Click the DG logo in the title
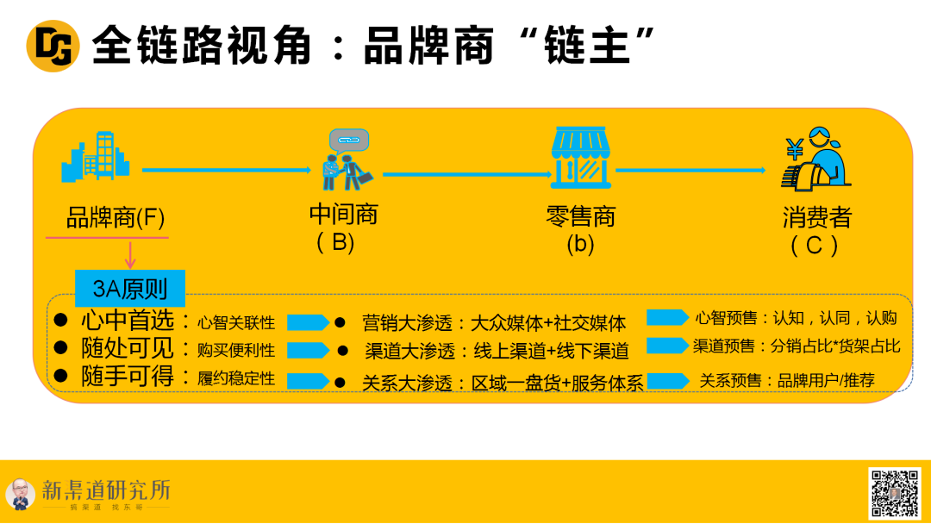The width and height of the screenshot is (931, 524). click(53, 46)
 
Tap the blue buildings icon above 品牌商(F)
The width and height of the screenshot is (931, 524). click(97, 157)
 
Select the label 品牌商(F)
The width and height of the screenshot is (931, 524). click(116, 218)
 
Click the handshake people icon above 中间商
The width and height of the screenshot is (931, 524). click(347, 160)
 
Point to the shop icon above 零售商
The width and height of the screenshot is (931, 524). click(581, 158)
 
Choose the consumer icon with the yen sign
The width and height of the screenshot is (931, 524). click(815, 161)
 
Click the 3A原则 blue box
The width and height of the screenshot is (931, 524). click(130, 288)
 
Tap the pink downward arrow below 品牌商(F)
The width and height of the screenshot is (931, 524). click(130, 254)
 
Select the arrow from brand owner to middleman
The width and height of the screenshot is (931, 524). click(226, 170)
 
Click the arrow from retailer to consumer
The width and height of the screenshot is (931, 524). click(690, 170)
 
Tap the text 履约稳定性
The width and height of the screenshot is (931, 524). click(236, 378)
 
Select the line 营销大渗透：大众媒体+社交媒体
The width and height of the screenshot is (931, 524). click(493, 323)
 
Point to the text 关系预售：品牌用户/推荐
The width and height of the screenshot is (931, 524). click(786, 380)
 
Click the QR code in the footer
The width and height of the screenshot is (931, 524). click(894, 494)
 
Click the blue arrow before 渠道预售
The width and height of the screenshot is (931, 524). click(667, 346)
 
